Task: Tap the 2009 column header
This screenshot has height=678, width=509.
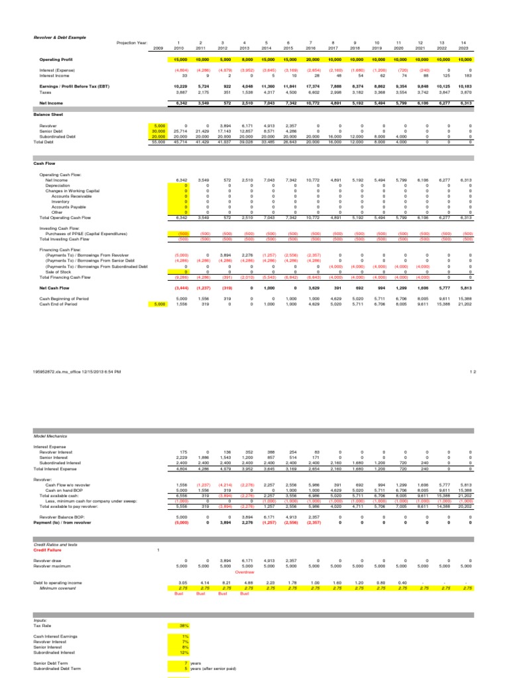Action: point(158,48)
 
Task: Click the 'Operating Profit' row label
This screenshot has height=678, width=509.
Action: point(55,59)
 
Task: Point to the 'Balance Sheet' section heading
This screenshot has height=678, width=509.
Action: point(48,115)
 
